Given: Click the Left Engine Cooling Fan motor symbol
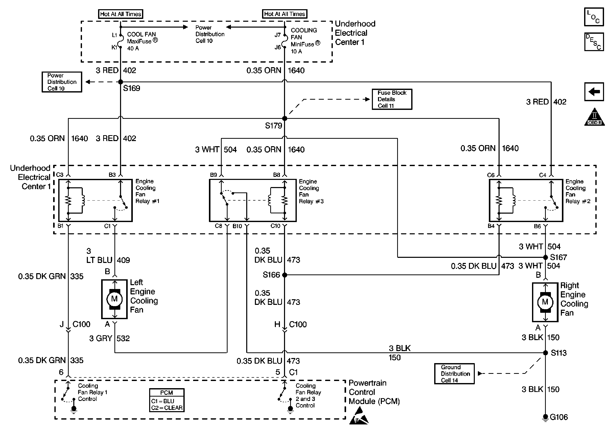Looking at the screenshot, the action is click(114, 299).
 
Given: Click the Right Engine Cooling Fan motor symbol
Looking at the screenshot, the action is click(545, 302).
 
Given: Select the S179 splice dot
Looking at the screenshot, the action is click(285, 118).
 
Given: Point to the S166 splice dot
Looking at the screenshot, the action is click(285, 275).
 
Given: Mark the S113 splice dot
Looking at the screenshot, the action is click(545, 353).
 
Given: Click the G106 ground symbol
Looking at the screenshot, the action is click(545, 418).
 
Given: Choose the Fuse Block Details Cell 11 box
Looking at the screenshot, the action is click(392, 99).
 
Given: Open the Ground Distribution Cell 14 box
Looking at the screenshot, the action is click(454, 374).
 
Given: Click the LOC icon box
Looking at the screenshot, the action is click(594, 17).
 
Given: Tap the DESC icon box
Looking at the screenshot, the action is click(594, 42).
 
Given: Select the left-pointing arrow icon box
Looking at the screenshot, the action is click(594, 92).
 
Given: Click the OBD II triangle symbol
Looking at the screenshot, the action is click(595, 117).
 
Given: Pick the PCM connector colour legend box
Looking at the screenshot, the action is click(167, 400).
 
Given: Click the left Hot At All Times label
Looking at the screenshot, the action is click(121, 14).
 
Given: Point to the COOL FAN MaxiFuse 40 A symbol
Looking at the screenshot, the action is click(121, 41).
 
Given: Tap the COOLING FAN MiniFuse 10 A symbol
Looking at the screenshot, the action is click(285, 41).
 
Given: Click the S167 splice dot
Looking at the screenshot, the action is click(545, 257).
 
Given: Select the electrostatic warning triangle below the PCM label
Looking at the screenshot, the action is click(359, 416).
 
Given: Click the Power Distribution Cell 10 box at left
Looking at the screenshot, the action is click(62, 82).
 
